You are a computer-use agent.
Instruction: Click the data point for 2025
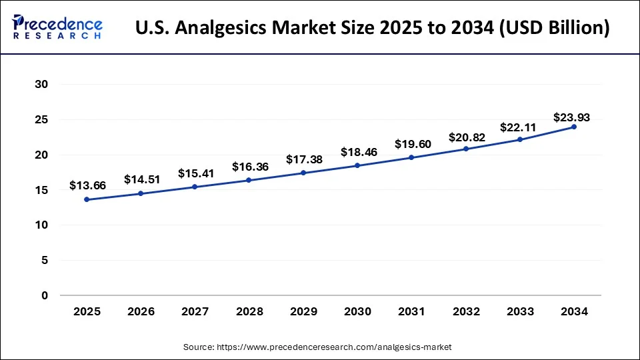(87, 199)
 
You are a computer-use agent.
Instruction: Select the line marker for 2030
(357, 165)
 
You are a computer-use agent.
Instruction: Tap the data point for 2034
(574, 127)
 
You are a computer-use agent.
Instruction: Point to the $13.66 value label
(87, 185)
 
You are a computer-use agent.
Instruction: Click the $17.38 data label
(303, 159)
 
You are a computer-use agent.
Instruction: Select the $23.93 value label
(571, 117)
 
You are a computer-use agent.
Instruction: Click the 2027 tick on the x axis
(195, 311)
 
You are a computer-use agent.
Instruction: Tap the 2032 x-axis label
(466, 311)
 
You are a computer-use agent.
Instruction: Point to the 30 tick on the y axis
(43, 85)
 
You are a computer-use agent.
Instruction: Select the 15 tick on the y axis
(43, 190)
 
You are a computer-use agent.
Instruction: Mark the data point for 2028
(249, 180)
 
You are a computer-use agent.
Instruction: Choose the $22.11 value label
(520, 127)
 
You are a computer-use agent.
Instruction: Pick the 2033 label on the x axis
(520, 311)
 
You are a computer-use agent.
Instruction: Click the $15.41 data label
(195, 173)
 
